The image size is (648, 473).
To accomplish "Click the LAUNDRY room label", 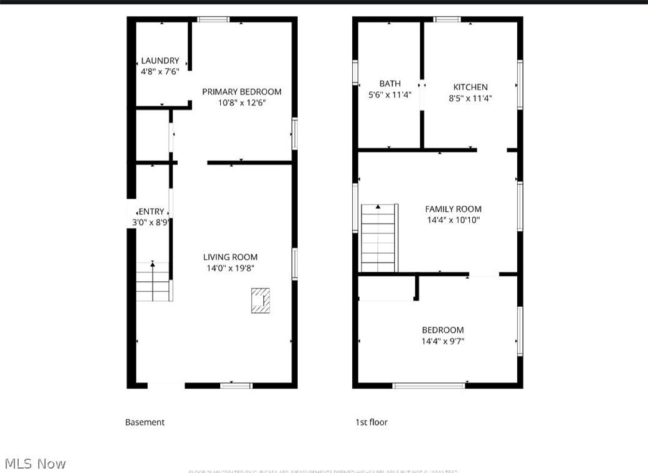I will coord(160,61).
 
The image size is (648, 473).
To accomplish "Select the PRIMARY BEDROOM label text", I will coord(241,92).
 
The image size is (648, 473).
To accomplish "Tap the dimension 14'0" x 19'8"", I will coord(230,268).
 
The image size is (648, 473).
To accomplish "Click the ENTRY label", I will coord(151,212).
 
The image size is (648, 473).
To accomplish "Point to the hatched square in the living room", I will coord(260,300).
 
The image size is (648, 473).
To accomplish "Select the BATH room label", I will coord(390,84).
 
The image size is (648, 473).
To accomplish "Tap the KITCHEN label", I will coord(470,87).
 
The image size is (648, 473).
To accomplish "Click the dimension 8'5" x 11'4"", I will coord(470,98).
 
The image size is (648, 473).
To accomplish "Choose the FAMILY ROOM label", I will coord(453,209).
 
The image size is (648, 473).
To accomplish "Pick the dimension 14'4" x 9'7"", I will coord(443,341).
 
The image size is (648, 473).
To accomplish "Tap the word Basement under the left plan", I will coord(144,422).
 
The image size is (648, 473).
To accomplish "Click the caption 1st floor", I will coord(372,422).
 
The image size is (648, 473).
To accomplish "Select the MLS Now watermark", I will coord(36,464).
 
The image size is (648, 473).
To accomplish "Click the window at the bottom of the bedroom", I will coord(428,386).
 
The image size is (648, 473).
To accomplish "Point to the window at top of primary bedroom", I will coord(213,19).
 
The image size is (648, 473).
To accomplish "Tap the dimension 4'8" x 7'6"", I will coord(160,72).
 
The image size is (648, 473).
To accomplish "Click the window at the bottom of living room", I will coord(236,386).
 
